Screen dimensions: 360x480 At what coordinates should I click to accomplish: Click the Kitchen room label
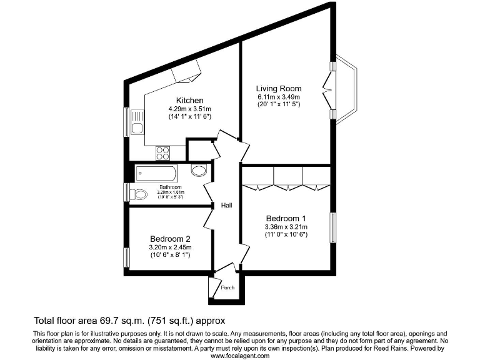point(189,101)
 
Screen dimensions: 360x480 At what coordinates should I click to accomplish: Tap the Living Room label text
point(279,89)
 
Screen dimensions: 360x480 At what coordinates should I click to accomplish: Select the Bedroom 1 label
point(286,218)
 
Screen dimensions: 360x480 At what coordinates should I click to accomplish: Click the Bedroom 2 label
point(170,239)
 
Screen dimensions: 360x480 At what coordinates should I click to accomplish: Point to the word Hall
point(227,205)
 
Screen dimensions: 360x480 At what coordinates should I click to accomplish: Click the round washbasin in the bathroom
point(199,171)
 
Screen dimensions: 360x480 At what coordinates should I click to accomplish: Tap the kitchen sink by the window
point(137,123)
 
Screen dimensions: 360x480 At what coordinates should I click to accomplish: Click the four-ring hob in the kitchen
point(163,152)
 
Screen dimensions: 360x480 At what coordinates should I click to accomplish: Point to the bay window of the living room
point(347,89)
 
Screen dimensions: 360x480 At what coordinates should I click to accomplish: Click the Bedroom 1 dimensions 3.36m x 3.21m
point(286,226)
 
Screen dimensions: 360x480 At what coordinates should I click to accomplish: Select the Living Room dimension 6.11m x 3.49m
point(279,97)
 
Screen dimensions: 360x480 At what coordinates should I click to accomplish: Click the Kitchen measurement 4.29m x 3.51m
point(189,109)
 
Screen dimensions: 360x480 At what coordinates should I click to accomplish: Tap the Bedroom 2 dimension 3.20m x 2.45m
point(170,247)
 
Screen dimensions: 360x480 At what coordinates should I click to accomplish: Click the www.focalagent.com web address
point(240,356)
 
